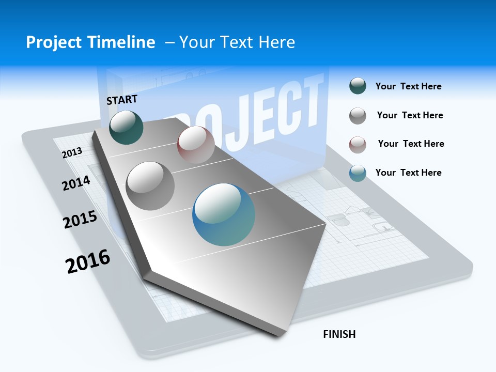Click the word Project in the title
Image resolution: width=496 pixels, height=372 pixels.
[53, 42]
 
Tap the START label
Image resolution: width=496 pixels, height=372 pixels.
[122, 100]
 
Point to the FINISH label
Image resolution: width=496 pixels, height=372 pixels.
[339, 334]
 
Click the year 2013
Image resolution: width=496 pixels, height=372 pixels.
[72, 152]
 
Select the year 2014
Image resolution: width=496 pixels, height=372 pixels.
[76, 183]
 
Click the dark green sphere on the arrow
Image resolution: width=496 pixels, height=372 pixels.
[126, 127]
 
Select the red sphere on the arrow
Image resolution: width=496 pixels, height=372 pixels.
[196, 145]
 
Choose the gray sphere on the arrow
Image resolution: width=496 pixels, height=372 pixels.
[150, 185]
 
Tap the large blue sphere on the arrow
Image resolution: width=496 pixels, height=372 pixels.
[224, 214]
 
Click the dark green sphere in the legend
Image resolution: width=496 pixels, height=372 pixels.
[358, 86]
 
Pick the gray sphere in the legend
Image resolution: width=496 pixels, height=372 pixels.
[358, 116]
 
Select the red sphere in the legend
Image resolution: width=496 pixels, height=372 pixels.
[358, 144]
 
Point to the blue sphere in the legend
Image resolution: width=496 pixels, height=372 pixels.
[358, 173]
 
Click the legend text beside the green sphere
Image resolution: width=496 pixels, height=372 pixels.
[408, 86]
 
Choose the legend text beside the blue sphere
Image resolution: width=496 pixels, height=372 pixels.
[408, 173]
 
